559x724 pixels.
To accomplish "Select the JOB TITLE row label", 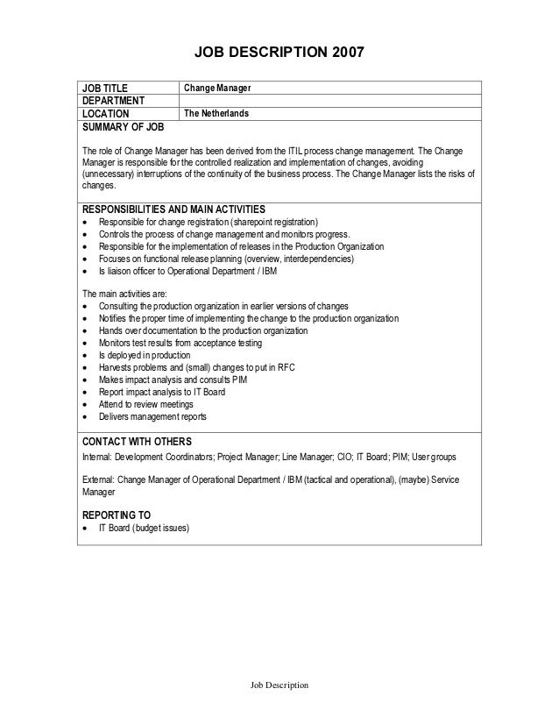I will coord(104,89).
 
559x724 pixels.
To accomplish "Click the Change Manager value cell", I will coord(217,89).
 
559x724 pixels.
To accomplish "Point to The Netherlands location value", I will coord(216,114).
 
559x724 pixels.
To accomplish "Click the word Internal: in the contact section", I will coord(96,458).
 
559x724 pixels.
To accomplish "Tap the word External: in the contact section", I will coord(97,481).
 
